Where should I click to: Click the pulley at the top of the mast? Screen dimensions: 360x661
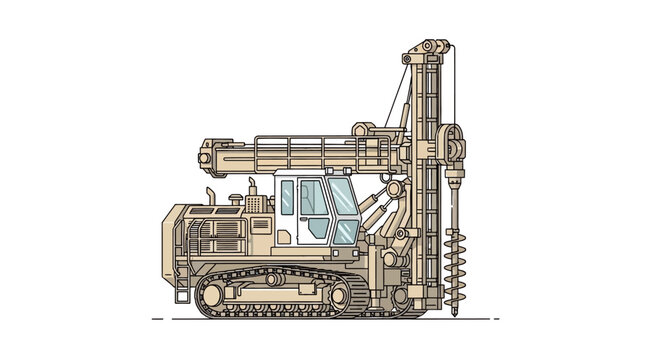(x=428, y=48)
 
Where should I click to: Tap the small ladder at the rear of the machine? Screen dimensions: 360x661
(x=182, y=285)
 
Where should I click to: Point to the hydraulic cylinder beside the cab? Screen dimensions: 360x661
(x=372, y=212)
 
